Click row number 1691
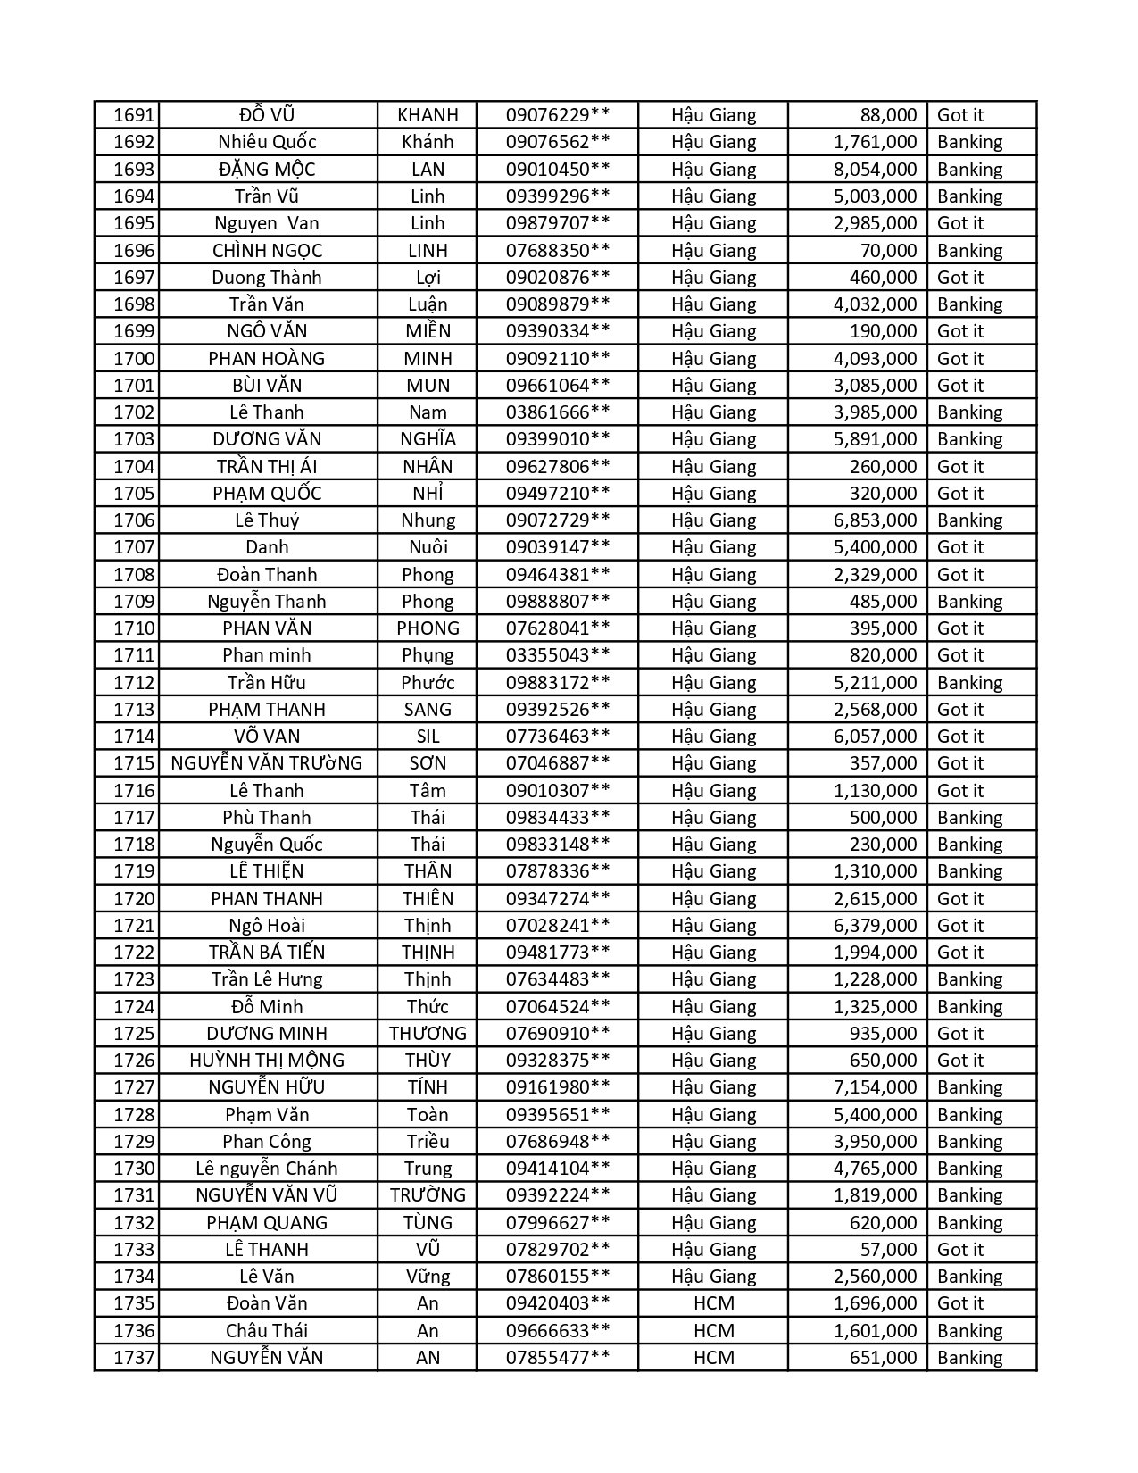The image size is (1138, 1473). point(134,115)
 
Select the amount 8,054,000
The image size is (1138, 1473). point(875,170)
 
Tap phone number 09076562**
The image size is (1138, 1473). point(558,142)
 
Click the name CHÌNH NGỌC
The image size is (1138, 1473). point(267,251)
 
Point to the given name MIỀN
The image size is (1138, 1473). point(428,331)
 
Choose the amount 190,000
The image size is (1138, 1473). point(884,331)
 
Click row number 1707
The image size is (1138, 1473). point(134,547)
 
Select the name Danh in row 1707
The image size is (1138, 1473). point(267,547)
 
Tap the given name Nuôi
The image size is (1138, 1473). point(428,547)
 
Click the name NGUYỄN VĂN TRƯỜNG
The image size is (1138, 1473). point(267,763)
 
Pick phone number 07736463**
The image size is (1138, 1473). point(558,736)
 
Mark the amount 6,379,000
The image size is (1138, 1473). point(875,926)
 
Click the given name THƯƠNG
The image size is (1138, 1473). point(428,1034)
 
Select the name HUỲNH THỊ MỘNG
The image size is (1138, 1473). point(267,1061)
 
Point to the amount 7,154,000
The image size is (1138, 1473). point(875,1087)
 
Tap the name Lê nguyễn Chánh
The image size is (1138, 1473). point(267,1169)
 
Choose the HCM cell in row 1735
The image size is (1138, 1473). point(713,1303)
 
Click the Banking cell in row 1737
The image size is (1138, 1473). point(969,1358)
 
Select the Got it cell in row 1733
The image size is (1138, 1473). point(959,1250)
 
